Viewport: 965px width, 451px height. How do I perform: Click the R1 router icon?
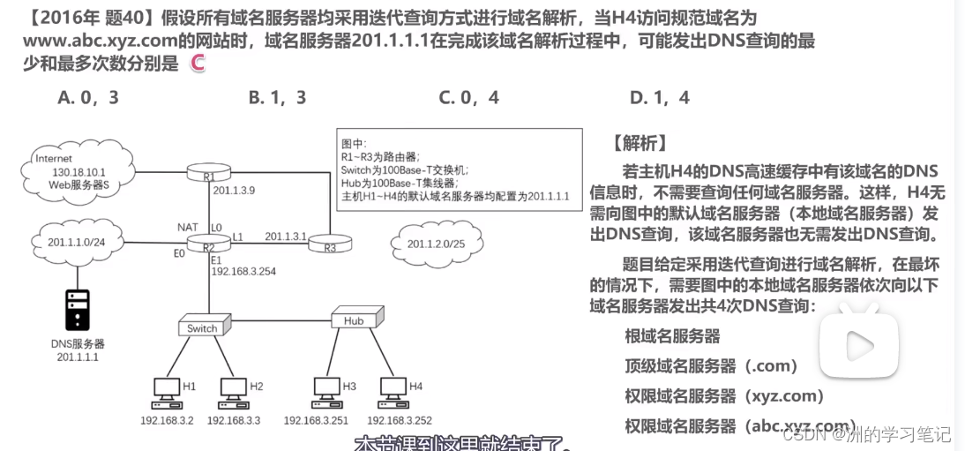click(210, 172)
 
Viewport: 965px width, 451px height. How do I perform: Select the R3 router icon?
click(330, 241)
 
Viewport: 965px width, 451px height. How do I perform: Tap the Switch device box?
click(204, 327)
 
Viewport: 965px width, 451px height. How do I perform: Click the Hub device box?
click(356, 319)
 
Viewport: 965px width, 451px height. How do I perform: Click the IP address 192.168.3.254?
click(243, 271)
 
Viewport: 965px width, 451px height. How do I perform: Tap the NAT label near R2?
click(188, 228)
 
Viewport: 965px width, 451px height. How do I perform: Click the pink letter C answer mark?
click(198, 63)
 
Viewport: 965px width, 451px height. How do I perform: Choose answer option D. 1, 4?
click(659, 97)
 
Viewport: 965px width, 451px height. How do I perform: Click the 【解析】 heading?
click(638, 142)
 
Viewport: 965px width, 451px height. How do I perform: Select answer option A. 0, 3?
click(88, 97)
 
